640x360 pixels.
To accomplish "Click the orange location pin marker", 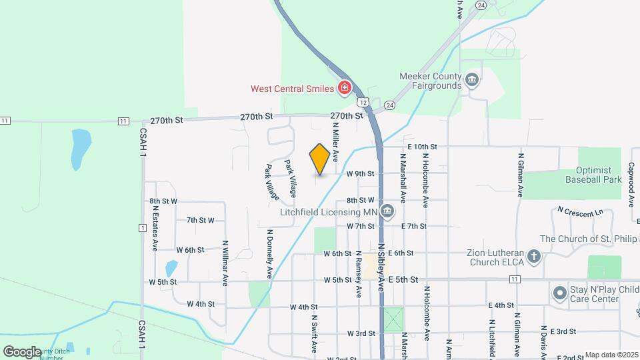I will (320, 159).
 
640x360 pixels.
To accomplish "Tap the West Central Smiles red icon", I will (344, 88).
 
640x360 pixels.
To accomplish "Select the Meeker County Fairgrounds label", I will (430, 81).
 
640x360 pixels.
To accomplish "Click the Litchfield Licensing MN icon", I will (388, 213).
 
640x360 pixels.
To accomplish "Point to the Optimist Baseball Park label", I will (589, 174).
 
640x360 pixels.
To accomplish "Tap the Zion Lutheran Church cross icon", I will (533, 256).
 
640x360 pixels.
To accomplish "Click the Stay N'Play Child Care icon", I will (559, 293).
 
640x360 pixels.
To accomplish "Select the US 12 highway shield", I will (362, 102).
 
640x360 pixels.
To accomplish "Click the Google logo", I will (22, 351).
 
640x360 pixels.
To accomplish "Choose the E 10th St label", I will (421, 147).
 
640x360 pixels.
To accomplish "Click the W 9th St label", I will (361, 173).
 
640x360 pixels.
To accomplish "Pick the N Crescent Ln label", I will (579, 213).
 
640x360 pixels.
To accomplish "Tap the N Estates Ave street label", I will (155, 227).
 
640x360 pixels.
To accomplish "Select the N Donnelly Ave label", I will (270, 253).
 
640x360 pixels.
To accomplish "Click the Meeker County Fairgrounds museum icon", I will (473, 81).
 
